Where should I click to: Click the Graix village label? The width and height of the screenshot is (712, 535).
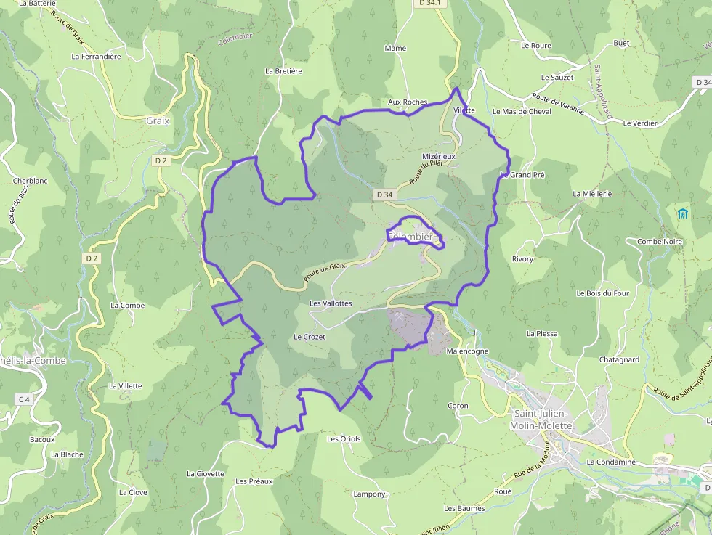point(158,121)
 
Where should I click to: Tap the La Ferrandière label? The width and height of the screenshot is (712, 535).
point(96,55)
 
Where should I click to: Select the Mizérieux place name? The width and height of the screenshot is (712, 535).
point(439,156)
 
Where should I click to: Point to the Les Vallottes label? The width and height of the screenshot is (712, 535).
point(331,303)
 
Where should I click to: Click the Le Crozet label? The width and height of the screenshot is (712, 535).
point(310,337)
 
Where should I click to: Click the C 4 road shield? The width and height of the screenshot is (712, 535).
point(25,399)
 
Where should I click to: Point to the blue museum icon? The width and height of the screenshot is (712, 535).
point(682,213)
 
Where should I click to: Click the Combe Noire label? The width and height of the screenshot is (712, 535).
point(659,242)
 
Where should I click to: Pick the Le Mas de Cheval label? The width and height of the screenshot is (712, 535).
point(522,111)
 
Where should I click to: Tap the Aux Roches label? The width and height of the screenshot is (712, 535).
point(408,102)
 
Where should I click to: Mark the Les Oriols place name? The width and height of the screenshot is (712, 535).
point(344,438)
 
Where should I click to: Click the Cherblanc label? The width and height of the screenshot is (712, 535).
point(30,181)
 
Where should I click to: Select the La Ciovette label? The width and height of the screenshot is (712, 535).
point(206,473)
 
